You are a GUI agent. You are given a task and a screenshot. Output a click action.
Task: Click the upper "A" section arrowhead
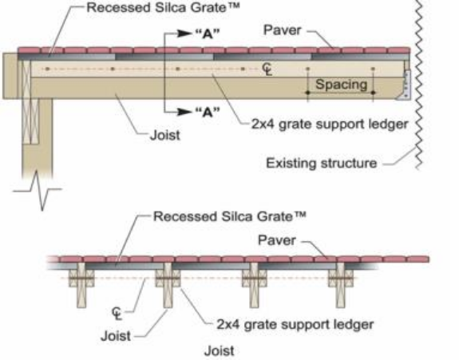pos(184,34)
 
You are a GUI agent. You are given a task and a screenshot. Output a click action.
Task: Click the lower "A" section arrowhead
pos(184,112)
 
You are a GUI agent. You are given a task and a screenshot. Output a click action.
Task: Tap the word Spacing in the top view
pos(341,85)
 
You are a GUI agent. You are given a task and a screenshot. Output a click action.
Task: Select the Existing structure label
pos(321,163)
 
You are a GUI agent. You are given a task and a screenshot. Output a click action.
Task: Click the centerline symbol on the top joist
pos(267,69)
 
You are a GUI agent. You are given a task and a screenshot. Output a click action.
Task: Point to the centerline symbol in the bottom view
pos(117,314)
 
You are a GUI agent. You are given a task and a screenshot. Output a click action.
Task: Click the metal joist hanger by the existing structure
pos(406,85)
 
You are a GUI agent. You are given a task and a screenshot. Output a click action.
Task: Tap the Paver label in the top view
pos(283,30)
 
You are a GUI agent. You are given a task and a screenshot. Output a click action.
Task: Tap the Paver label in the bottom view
pos(277,240)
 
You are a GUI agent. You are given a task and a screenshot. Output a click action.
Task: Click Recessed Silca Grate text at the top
pos(163,8)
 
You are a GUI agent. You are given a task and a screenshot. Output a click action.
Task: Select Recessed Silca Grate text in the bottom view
pos(230,216)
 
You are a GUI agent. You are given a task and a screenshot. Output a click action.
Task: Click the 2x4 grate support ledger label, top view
pos(330,125)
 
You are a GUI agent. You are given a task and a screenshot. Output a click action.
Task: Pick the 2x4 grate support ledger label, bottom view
pos(295,325)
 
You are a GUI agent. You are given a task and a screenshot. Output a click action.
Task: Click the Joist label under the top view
pos(164,136)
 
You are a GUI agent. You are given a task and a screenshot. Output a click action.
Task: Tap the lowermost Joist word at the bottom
pos(220,350)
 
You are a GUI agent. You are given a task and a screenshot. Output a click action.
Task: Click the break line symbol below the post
pos(38,190)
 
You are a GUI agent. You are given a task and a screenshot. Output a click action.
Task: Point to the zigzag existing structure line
pos(419,85)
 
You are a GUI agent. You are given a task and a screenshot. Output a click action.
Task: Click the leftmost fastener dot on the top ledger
pos(47,69)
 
